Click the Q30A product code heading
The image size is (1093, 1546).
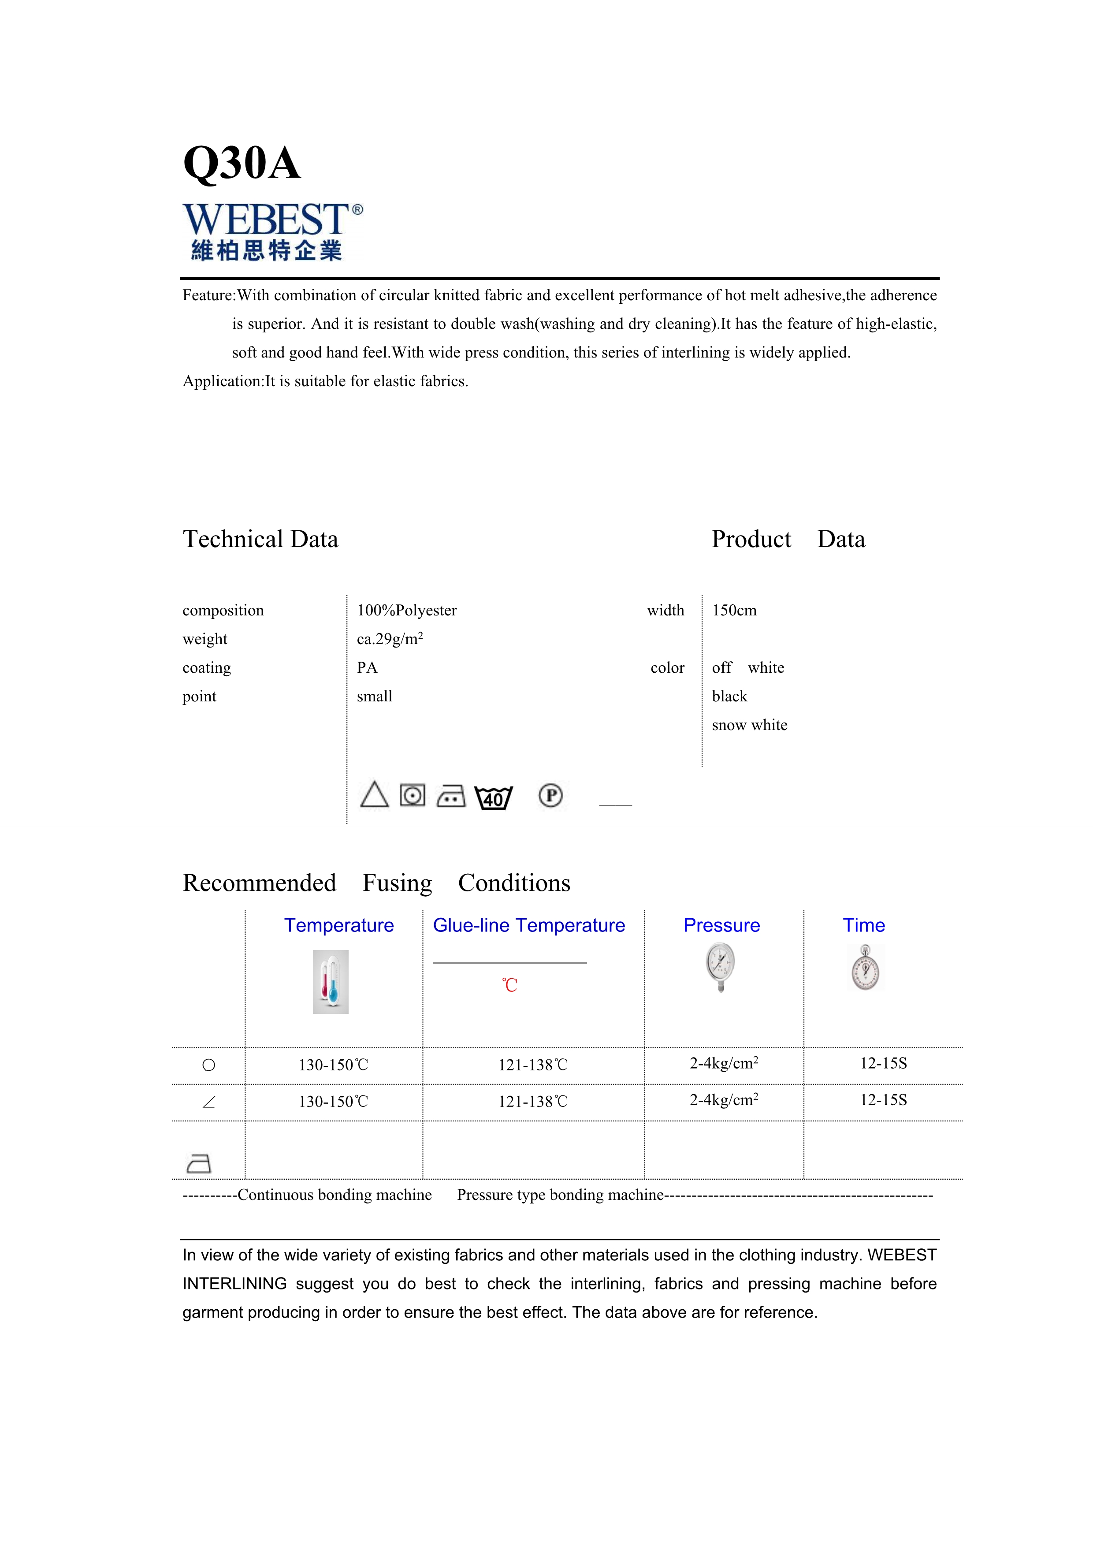[242, 163]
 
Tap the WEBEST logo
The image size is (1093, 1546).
[272, 231]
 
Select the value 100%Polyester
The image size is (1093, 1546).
[406, 611]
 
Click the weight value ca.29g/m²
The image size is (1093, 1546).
[390, 639]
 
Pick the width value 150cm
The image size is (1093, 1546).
[734, 611]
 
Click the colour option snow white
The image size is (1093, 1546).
[749, 725]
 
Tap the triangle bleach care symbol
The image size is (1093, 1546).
[374, 795]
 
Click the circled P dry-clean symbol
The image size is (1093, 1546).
[550, 796]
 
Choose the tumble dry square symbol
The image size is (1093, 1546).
[413, 796]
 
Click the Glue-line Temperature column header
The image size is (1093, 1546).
[529, 925]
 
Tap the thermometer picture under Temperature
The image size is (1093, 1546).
[331, 982]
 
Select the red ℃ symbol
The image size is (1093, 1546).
[509, 986]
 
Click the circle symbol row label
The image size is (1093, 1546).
[208, 1065]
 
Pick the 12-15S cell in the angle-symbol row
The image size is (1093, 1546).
[883, 1100]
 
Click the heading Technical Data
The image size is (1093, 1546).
[260, 539]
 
